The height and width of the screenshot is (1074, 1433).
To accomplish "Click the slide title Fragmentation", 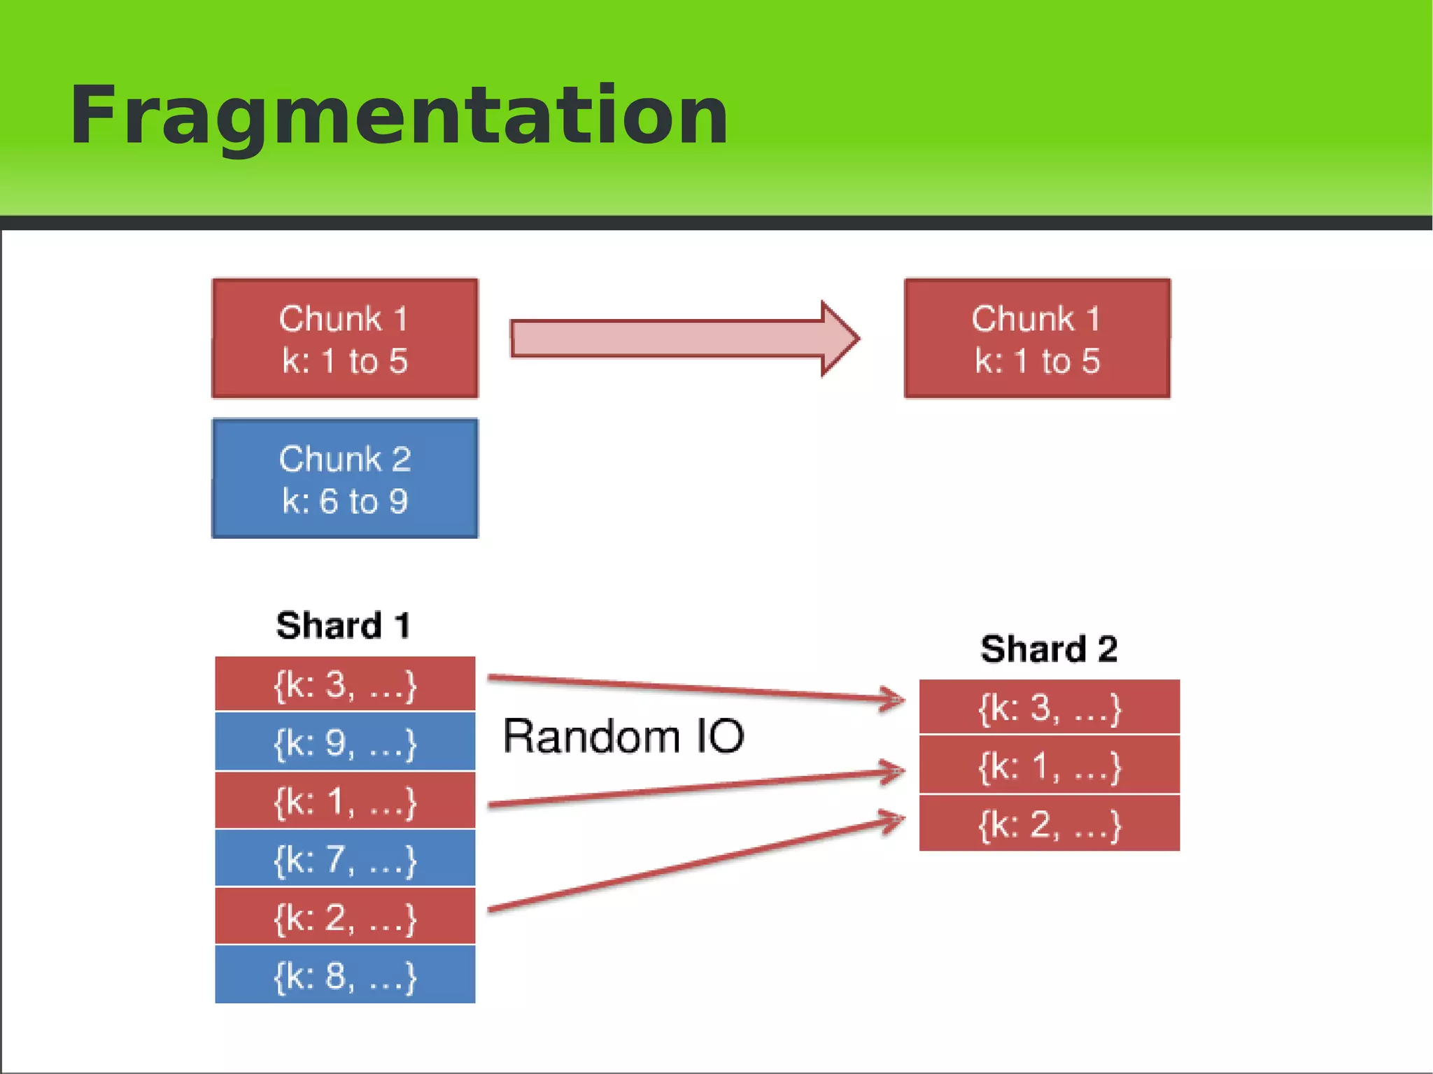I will point(399,115).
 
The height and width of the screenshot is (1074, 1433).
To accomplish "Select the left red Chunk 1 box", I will point(345,339).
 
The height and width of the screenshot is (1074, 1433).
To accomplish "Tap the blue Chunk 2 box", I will point(345,479).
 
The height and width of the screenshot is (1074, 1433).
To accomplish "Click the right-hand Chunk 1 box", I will point(1037,339).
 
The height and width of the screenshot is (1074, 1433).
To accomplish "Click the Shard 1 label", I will point(343,625).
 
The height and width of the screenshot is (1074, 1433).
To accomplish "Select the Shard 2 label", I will point(1048,649).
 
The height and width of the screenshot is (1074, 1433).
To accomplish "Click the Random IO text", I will point(623,736).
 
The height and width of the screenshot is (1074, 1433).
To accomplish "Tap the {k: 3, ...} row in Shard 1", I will point(345,684).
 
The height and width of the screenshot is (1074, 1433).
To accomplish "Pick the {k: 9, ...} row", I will point(345,742).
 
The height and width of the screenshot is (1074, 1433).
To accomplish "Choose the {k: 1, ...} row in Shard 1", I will point(345,800).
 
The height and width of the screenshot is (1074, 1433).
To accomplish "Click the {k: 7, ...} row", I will point(345,859).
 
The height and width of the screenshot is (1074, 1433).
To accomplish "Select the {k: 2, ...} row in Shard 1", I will point(345,917).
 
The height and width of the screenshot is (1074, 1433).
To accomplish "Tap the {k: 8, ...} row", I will point(345,975).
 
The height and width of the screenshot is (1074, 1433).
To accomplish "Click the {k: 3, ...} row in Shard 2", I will point(1049,707).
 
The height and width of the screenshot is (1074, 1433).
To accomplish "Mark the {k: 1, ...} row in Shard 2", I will point(1049,765).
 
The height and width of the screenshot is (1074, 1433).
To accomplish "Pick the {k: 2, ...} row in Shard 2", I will point(1049,824).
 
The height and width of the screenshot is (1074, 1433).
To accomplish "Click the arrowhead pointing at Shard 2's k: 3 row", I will point(894,698).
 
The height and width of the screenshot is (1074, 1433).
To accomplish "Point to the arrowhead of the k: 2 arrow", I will point(894,819).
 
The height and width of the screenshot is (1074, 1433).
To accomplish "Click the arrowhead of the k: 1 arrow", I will point(894,772).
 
